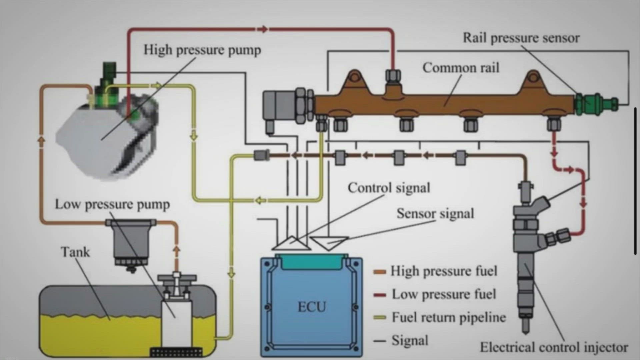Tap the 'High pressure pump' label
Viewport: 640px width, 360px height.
tap(202, 50)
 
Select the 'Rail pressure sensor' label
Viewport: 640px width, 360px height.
tap(521, 38)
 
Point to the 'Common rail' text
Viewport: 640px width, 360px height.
tap(461, 68)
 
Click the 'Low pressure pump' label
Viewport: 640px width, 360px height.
tap(112, 204)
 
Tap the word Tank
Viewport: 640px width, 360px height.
tap(75, 252)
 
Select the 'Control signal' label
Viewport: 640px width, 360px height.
tap(389, 188)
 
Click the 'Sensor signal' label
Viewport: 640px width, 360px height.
tap(435, 214)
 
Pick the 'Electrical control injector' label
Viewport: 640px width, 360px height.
tap(554, 347)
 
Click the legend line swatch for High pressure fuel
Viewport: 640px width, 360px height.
tap(380, 272)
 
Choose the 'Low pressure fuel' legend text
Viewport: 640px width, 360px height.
tap(444, 294)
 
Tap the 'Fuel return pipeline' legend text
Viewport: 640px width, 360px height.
tap(448, 317)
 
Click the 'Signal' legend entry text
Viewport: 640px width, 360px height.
tap(409, 340)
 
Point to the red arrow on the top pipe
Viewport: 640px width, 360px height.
tap(263, 29)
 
